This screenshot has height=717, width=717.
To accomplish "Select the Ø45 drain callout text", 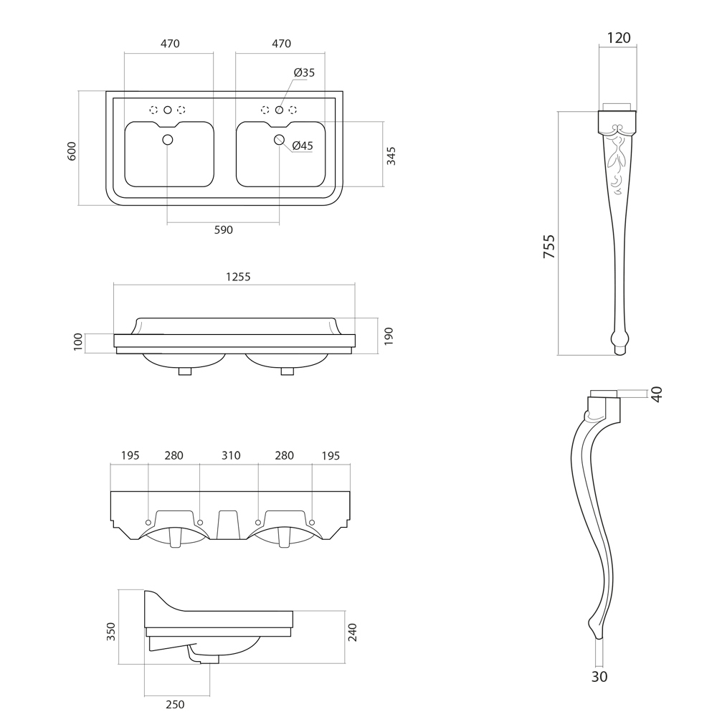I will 303,146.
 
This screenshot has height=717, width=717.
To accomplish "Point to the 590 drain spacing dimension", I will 224,230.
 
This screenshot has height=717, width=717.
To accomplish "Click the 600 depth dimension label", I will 72,151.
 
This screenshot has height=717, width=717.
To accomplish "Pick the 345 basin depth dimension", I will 391,156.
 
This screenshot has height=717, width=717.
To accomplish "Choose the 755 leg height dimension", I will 549,246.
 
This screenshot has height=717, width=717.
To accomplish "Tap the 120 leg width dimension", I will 618,38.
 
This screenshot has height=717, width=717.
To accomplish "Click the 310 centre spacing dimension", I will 231,455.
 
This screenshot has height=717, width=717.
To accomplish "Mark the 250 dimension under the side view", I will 175,704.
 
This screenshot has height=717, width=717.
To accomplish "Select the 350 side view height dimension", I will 111,631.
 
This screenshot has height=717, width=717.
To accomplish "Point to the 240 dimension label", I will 352,632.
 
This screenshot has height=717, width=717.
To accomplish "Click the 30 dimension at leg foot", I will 599,676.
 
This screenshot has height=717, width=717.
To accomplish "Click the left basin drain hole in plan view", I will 168,139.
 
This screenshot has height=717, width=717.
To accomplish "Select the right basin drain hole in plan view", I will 280,140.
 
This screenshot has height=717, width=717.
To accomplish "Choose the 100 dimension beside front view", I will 78,343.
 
